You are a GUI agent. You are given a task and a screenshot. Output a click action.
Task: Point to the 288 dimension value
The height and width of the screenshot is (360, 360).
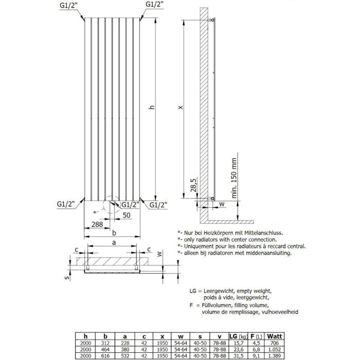(x=96, y=224)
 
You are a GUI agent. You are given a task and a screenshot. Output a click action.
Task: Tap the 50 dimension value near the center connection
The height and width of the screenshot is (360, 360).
(x=126, y=216)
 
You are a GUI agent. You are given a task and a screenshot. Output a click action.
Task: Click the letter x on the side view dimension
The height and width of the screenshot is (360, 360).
(x=179, y=108)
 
